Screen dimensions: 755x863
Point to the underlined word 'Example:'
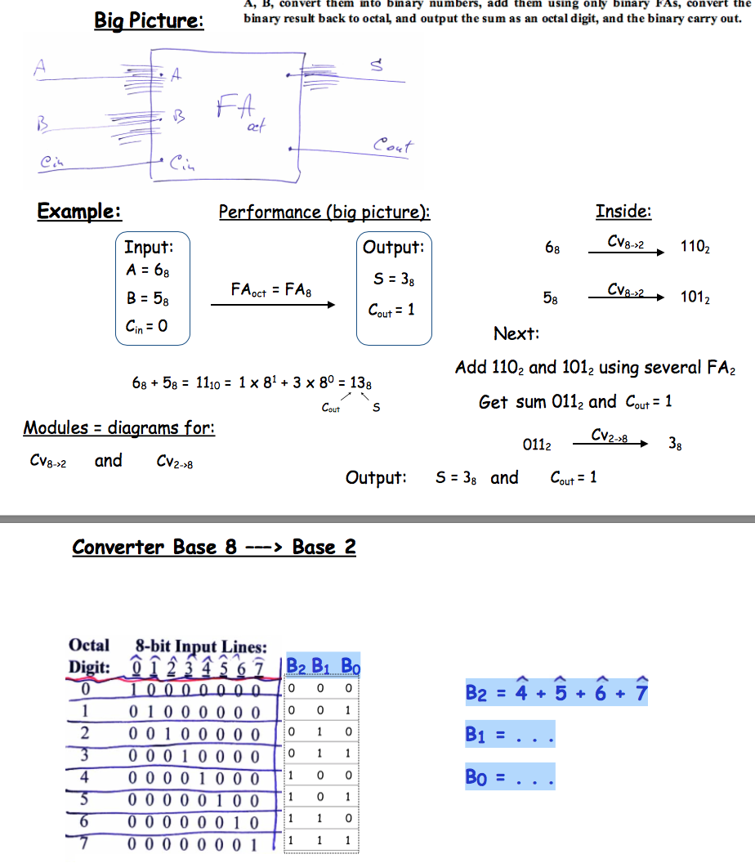click(x=79, y=211)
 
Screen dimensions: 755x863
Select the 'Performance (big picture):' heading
click(x=324, y=212)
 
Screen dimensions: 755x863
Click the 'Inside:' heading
click(x=623, y=211)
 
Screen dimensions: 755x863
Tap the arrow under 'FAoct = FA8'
click(x=273, y=305)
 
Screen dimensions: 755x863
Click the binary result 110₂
click(x=695, y=247)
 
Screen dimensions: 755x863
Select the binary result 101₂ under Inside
click(x=695, y=297)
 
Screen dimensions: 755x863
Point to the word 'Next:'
click(x=516, y=333)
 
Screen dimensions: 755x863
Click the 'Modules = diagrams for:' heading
click(x=119, y=427)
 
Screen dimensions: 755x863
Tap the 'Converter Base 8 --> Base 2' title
click(x=214, y=547)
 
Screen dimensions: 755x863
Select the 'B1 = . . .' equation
click(x=510, y=735)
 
